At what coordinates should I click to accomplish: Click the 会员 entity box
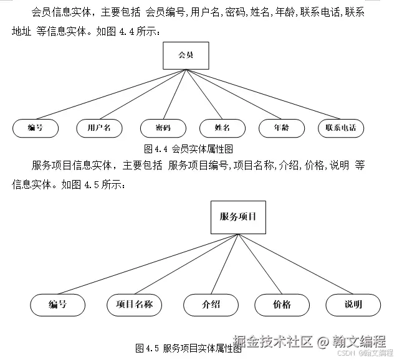click(x=186, y=55)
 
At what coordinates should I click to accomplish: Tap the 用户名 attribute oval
click(x=95, y=128)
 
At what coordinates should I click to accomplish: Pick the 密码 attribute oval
click(x=163, y=128)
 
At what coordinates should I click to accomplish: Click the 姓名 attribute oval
click(x=222, y=128)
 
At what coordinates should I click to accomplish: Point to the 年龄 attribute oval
click(x=282, y=128)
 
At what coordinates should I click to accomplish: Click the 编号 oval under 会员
click(x=36, y=128)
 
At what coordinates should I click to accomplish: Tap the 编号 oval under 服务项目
click(x=58, y=305)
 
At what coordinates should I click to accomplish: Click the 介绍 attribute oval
click(x=211, y=305)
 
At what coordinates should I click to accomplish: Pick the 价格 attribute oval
click(x=282, y=305)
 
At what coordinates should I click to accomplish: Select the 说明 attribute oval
click(x=353, y=305)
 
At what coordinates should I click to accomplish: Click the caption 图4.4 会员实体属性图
click(x=188, y=149)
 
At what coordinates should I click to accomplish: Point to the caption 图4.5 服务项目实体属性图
click(x=188, y=348)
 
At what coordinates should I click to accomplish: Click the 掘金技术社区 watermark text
click(x=273, y=341)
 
